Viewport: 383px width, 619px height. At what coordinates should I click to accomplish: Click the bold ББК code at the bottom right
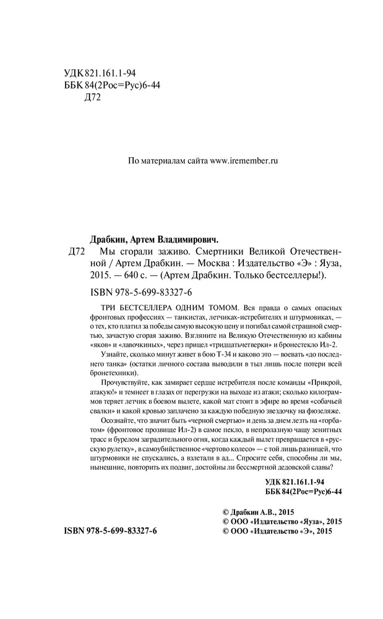(x=303, y=492)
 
